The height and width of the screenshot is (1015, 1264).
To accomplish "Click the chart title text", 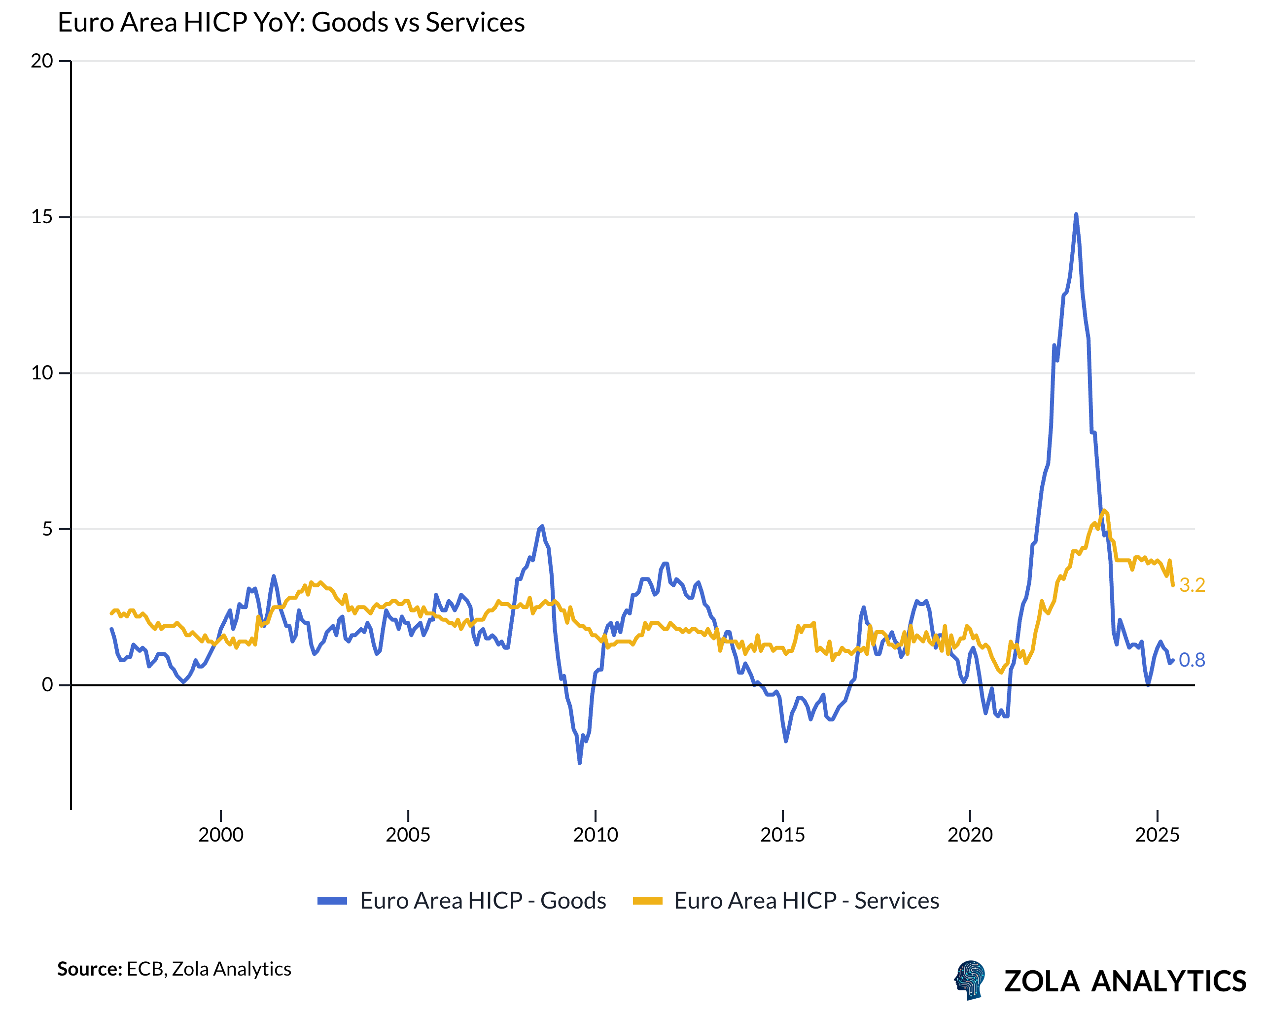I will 291,23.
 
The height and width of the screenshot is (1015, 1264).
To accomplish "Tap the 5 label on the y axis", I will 47,529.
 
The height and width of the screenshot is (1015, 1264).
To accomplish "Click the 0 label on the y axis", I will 47,684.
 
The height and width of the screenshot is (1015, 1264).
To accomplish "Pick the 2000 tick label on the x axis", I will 220,835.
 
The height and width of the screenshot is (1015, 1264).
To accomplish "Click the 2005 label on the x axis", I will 408,835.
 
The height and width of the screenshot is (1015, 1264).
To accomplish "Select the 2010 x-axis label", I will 595,835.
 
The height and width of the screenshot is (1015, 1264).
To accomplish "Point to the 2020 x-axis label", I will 970,835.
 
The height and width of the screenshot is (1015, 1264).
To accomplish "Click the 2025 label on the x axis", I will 1157,835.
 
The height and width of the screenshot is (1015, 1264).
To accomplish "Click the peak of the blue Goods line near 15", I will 1076,215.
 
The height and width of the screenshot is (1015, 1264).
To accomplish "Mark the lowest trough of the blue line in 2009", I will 579,762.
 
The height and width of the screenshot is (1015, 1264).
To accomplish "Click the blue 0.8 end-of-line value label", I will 1192,660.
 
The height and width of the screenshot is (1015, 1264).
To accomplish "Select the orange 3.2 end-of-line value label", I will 1192,585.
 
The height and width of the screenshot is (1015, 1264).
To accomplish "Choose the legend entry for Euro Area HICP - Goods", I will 461,901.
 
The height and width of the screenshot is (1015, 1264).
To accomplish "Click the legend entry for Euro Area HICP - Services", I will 786,901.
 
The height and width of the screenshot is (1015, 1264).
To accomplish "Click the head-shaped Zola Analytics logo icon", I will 970,979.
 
